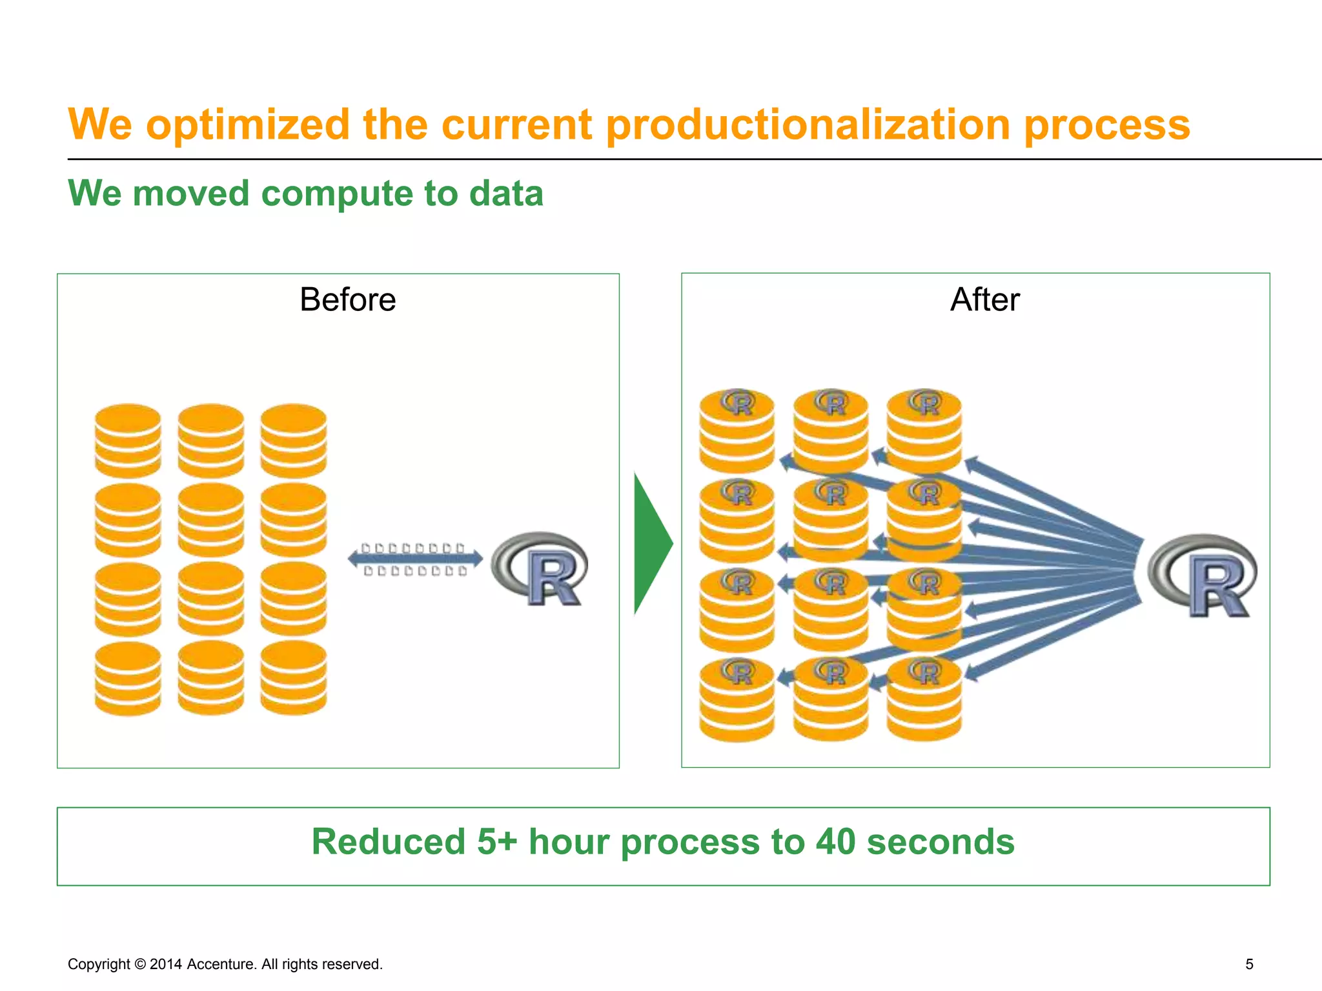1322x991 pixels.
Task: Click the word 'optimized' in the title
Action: tap(248, 125)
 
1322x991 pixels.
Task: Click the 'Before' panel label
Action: tap(347, 300)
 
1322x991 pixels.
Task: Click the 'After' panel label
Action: tap(984, 300)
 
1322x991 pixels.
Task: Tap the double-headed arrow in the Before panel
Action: tap(415, 559)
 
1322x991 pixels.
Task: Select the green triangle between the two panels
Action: tap(651, 544)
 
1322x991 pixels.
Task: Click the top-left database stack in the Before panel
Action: tap(128, 441)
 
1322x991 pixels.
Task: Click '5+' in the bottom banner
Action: tap(497, 842)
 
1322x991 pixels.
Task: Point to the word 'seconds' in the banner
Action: tap(940, 842)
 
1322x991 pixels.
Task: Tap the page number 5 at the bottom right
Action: tap(1249, 964)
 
